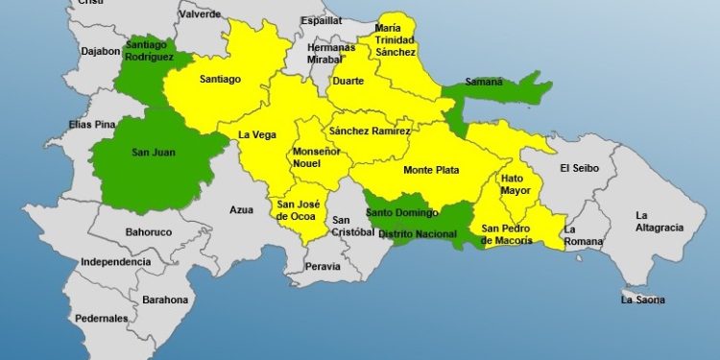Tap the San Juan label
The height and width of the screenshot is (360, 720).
point(152,150)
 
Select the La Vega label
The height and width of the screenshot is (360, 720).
point(256,135)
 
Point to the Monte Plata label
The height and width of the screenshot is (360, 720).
point(430,170)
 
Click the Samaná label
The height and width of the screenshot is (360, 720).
point(483,82)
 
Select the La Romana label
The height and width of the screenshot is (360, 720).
point(583,235)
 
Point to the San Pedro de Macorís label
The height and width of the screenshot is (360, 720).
point(507,233)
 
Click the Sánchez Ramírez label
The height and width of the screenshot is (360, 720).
point(370,131)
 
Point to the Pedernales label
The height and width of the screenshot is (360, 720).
point(103,318)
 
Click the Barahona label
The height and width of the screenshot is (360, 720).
point(166,300)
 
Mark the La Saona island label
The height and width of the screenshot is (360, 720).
point(641,300)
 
